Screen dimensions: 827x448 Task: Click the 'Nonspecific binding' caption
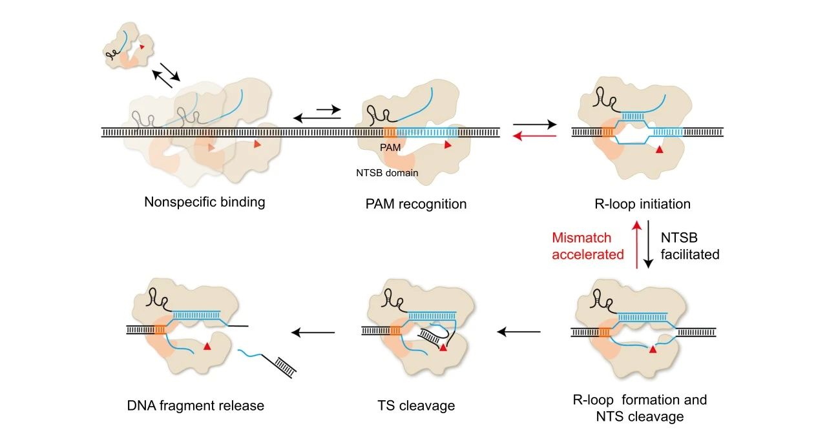coord(205,202)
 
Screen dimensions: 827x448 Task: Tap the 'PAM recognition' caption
coord(416,204)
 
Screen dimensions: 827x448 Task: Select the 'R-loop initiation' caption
coord(642,204)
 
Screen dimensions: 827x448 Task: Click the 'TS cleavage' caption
coord(416,405)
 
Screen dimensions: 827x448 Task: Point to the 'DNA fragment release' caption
coord(196,405)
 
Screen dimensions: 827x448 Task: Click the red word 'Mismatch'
coord(581,238)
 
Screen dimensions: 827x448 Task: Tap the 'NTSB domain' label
coord(387,173)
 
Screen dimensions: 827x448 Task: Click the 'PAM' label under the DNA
coord(390,148)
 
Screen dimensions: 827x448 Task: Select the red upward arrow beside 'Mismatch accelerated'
coord(636,244)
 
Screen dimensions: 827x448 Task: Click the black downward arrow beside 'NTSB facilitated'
coord(648,244)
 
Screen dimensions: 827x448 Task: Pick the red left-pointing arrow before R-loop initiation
coord(534,136)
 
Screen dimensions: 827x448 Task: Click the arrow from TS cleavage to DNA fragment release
coord(313,332)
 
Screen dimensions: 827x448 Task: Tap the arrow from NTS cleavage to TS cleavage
coord(519,332)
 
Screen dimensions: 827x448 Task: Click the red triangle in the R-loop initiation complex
coord(659,150)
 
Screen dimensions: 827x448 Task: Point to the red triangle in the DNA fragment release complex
coord(207,346)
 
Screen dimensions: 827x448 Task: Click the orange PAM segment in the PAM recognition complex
coord(390,132)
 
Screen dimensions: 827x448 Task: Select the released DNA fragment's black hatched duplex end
coord(286,367)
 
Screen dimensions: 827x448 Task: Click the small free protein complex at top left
coord(128,46)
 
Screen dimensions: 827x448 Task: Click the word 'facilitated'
coord(690,254)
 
